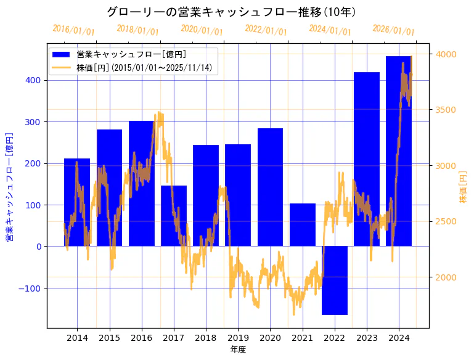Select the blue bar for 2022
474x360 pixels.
click(x=334, y=280)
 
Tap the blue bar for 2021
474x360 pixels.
click(x=302, y=225)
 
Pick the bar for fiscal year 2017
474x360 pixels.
click(x=173, y=216)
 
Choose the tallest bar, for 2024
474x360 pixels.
click(x=398, y=151)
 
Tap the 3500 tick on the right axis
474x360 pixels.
click(x=446, y=110)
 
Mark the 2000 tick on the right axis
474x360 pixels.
click(x=446, y=277)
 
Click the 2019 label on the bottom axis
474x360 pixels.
click(x=238, y=338)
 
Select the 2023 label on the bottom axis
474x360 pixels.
click(x=367, y=338)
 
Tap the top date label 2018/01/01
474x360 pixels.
click(x=137, y=30)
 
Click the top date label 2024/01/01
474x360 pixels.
click(x=330, y=30)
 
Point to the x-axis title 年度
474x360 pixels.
click(x=238, y=350)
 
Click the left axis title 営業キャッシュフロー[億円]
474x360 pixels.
click(x=9, y=186)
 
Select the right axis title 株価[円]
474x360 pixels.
click(x=464, y=187)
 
